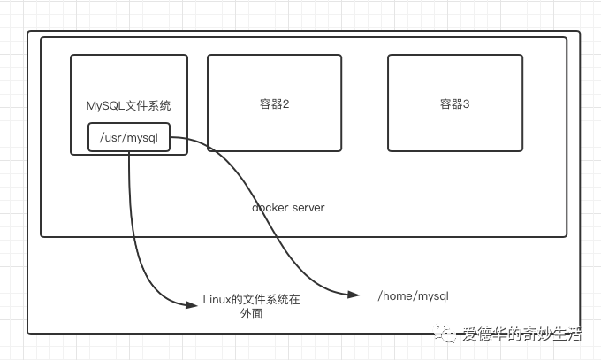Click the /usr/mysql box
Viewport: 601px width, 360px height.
tap(129, 137)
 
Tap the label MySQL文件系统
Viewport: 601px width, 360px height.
tap(128, 106)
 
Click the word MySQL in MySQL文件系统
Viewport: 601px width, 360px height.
tap(103, 106)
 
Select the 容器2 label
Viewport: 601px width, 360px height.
tap(275, 104)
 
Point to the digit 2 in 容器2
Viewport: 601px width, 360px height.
tap(286, 104)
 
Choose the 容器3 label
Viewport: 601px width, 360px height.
tap(455, 104)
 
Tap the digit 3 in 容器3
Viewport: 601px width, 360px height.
tap(467, 104)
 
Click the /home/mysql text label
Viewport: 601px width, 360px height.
tap(414, 296)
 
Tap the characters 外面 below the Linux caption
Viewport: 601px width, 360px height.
tap(251, 314)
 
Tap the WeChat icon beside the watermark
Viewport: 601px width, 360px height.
tap(449, 333)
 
